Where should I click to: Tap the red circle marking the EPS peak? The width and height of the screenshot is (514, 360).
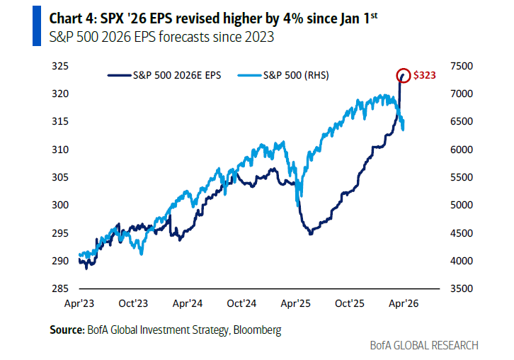point(403,74)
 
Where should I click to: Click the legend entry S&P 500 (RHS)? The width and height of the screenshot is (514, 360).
point(290,74)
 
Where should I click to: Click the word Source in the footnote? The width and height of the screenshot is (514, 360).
point(66,330)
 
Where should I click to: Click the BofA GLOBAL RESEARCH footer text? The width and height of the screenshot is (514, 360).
point(424,345)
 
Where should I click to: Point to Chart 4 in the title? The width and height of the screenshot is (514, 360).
point(66,18)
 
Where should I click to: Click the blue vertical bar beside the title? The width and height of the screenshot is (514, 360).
point(36,28)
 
